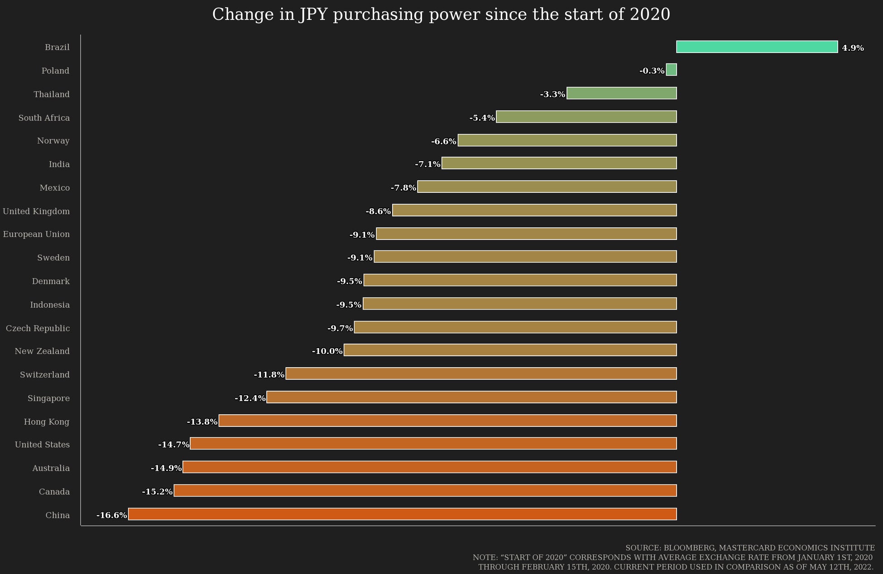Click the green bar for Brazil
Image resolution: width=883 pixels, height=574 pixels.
click(757, 47)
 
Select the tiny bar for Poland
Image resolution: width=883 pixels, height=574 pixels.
click(672, 70)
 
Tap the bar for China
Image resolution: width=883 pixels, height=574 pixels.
click(402, 514)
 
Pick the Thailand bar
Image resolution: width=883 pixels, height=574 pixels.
click(622, 94)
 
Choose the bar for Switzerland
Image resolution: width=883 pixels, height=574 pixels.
click(481, 374)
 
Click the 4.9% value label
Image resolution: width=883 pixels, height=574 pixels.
click(853, 48)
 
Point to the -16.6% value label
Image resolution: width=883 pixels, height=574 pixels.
click(111, 515)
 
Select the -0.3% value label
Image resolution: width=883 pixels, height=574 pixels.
click(652, 71)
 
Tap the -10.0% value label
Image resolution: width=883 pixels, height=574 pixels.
click(327, 351)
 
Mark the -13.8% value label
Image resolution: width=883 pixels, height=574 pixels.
click(202, 422)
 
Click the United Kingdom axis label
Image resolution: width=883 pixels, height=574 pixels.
click(36, 211)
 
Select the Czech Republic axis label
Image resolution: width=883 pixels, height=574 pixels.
click(38, 328)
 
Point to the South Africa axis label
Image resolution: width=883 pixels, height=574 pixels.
click(44, 118)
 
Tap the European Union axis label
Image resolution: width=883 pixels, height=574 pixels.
click(36, 234)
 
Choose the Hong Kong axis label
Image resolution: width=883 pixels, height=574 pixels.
click(47, 422)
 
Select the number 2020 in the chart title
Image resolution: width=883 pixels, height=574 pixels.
click(650, 14)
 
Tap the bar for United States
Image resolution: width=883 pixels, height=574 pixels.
click(433, 444)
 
